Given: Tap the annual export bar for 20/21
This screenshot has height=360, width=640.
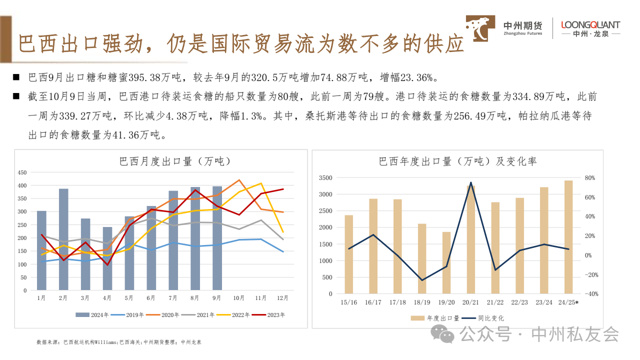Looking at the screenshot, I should pos(471,240).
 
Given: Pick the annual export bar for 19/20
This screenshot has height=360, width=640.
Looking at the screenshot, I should pos(446,262).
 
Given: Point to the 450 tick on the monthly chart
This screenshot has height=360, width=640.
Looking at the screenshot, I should pos(22,172).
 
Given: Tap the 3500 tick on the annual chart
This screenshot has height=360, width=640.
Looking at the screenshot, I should pos(325,178).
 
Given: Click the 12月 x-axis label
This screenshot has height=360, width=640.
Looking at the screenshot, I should pos(282,298).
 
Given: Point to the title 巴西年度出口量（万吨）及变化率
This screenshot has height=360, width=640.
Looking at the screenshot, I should pos(457,161).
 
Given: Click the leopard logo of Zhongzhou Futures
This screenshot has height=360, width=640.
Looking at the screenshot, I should pos(480,28).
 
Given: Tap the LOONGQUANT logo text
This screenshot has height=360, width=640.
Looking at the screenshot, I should pos(590,24).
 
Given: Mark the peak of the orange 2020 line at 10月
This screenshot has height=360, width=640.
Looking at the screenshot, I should pos(239,180).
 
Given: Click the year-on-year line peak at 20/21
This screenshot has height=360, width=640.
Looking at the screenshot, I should pos(471,183).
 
